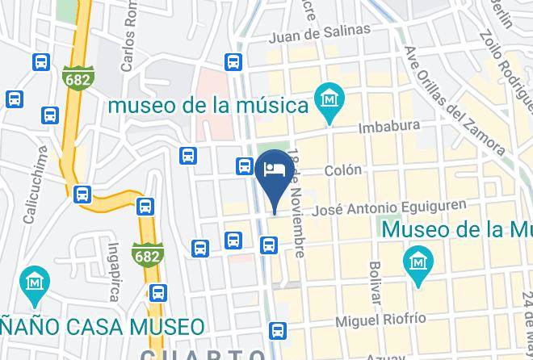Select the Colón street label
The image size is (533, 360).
pyautogui.click(x=343, y=171)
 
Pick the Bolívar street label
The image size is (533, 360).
pyautogui.click(x=374, y=283)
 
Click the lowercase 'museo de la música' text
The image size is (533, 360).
pyautogui.click(x=210, y=106)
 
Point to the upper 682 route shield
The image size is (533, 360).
pyautogui.click(x=76, y=77)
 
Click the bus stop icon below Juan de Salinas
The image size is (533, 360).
pyautogui.click(x=233, y=62)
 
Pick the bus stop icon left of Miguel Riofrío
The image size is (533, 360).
pyautogui.click(x=278, y=329)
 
